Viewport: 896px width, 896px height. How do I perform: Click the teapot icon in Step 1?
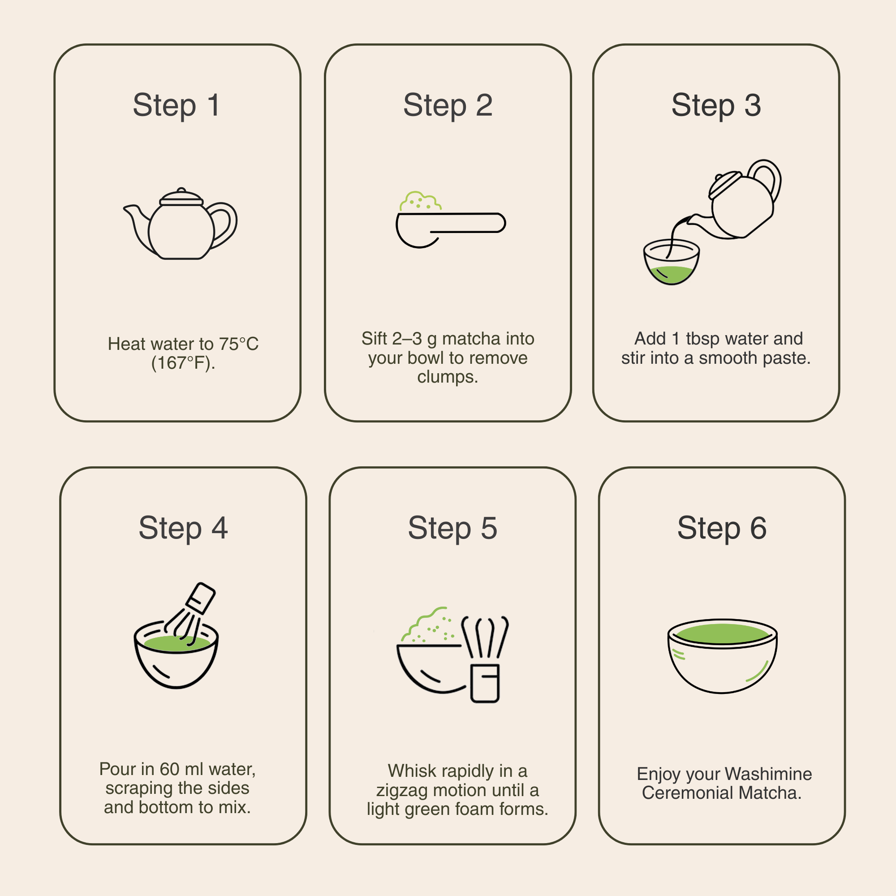click(181, 223)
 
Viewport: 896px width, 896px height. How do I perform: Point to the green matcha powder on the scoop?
click(420, 202)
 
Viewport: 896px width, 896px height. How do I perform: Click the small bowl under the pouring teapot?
click(672, 262)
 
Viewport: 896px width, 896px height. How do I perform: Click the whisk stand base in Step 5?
click(485, 684)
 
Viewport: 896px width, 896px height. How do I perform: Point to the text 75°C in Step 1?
click(239, 344)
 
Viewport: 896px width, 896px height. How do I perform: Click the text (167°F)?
click(183, 363)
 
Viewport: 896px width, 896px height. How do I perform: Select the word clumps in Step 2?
click(448, 377)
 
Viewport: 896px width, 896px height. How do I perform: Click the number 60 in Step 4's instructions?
click(169, 769)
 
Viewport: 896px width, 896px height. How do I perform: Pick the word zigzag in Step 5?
click(401, 791)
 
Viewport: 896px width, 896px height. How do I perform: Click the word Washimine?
click(768, 774)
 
